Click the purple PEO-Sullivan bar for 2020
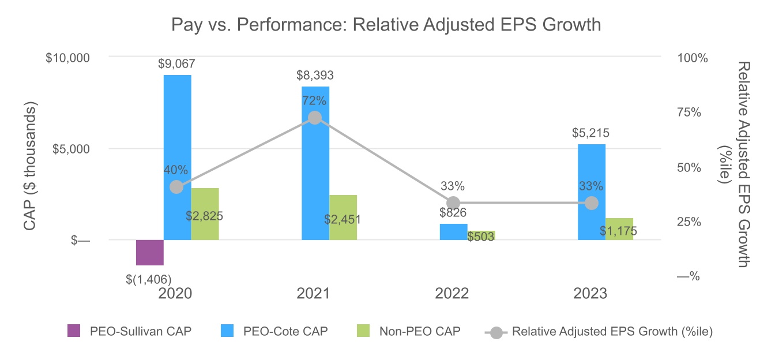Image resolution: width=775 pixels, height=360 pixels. coord(150,252)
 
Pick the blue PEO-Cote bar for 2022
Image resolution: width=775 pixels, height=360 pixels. coord(454,231)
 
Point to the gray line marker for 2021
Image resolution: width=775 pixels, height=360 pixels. coord(315,118)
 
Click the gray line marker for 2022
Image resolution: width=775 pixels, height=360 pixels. coord(454,203)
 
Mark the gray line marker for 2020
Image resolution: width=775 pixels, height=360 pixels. coord(177,187)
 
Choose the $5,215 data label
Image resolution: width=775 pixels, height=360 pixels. coord(591,133)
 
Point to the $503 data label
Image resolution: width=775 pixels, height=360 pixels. coord(481,237)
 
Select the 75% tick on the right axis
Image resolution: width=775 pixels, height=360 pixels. coord(688,112)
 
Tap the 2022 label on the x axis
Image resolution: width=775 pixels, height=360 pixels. coord(452,294)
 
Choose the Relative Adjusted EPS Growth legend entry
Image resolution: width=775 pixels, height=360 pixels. coord(600,331)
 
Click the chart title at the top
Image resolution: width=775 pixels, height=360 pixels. coord(386,25)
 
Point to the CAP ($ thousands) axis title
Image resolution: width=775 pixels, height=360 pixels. coord(31,167)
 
